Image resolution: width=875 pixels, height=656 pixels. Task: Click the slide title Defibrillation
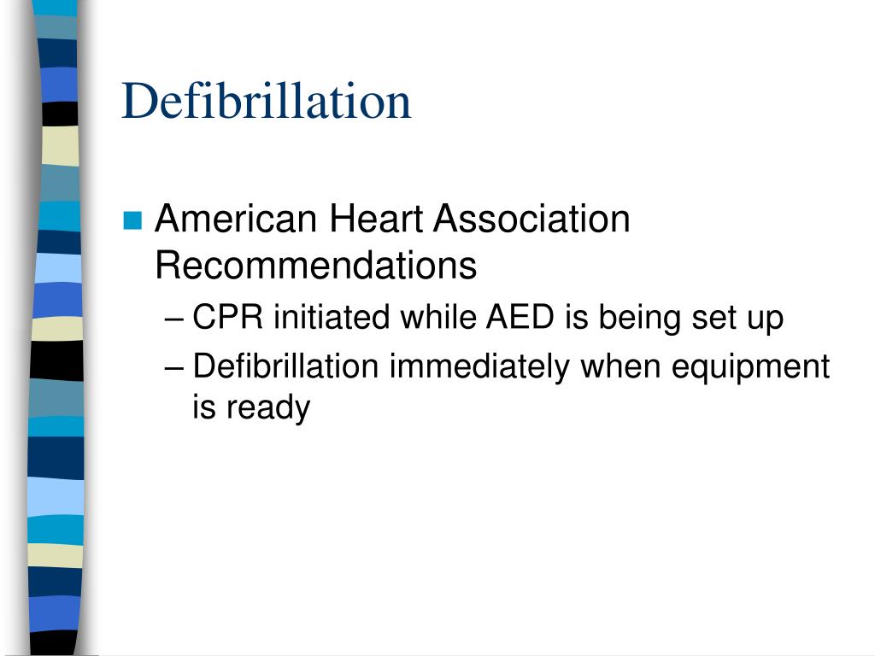pos(267,101)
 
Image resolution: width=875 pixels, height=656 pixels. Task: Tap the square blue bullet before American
pos(132,221)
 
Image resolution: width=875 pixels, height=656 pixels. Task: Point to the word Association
pos(531,220)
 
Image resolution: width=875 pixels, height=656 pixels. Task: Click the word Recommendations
pos(315,266)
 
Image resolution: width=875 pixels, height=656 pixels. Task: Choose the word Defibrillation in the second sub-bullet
pos(285,366)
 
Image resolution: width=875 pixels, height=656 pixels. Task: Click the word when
pos(621,366)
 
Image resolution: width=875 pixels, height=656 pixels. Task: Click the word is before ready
pos(203,407)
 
